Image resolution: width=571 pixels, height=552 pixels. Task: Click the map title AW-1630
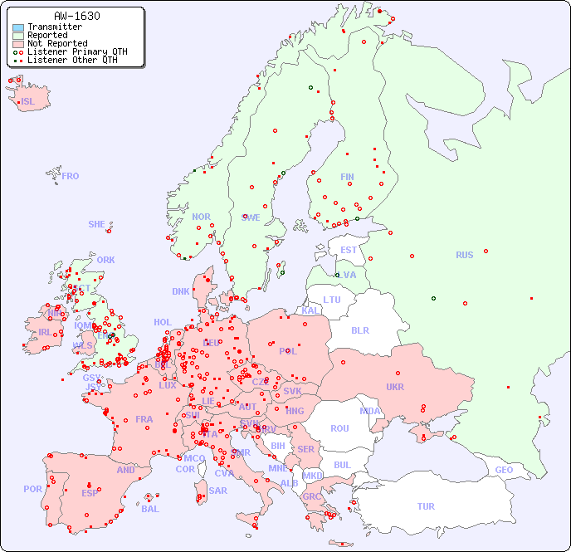point(76,16)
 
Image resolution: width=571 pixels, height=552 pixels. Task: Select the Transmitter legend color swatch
point(18,27)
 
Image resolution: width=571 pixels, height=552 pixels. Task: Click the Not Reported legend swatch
point(18,43)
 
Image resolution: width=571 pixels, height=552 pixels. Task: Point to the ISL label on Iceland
point(28,102)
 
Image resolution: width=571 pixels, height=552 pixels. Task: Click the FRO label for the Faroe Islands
point(71,176)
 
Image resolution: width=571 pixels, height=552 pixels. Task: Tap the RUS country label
point(464,255)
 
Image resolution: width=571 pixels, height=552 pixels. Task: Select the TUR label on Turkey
point(426,506)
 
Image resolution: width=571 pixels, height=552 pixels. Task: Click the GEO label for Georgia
point(504,470)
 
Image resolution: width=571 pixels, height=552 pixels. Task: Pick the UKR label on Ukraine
point(395,387)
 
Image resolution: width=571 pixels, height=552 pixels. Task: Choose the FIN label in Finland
point(347,177)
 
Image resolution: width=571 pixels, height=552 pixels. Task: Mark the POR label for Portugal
point(32,489)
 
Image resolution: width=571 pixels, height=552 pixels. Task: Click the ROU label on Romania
point(339,428)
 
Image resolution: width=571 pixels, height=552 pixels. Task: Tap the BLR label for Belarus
point(359,330)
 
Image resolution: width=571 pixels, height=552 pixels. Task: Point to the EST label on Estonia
point(349,250)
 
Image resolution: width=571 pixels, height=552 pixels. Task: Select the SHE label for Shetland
point(97,224)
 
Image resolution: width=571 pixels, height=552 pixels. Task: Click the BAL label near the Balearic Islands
point(150,509)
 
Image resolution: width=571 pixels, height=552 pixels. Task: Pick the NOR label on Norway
point(201,217)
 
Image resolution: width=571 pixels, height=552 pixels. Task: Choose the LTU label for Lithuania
point(332,300)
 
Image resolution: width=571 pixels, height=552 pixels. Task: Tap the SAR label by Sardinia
point(218,491)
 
